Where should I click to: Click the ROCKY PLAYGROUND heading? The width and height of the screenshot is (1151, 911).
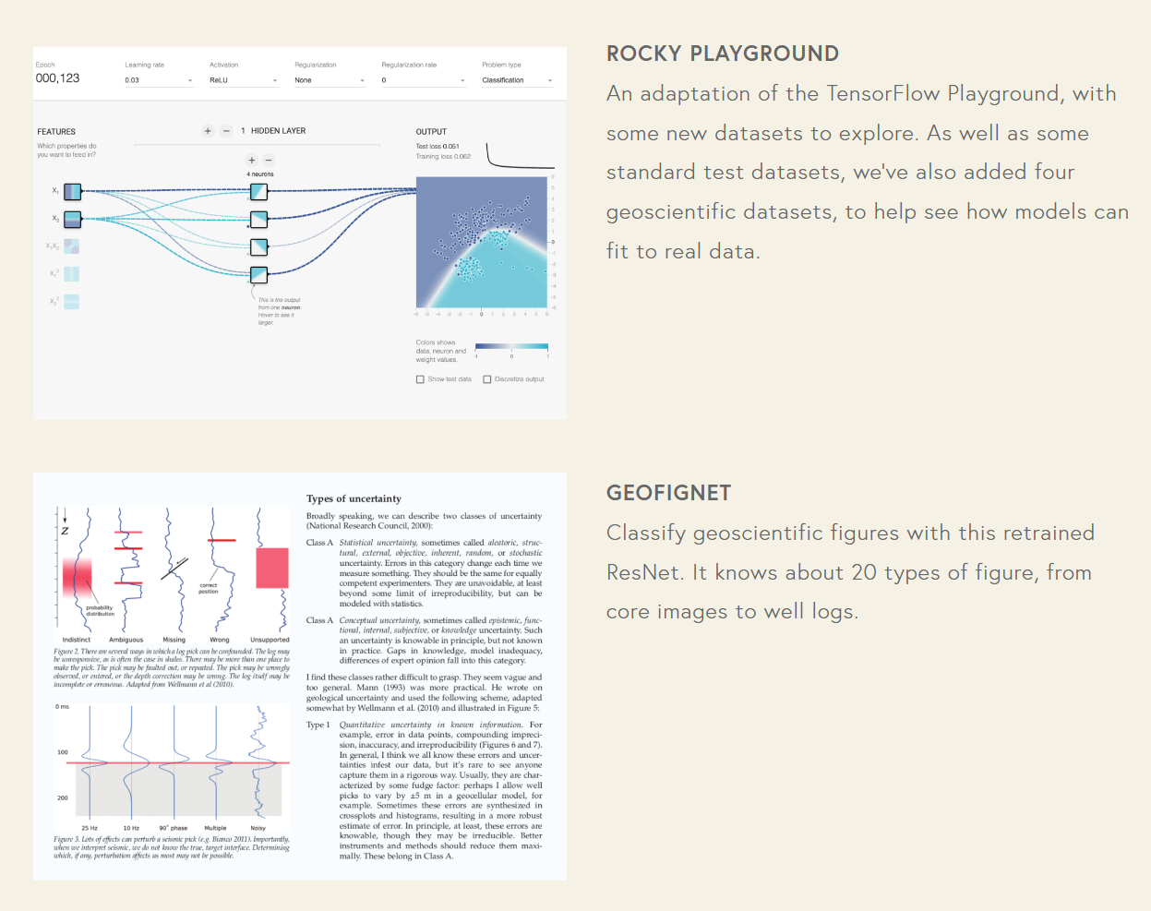[722, 54]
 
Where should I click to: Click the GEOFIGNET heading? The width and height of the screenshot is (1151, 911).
[668, 493]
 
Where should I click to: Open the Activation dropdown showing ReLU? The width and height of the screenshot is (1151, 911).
[243, 80]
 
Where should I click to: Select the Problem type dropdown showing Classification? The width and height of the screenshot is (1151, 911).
[516, 80]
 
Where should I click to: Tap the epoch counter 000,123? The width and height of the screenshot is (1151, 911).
[57, 78]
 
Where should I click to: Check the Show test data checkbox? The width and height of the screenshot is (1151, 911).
[420, 379]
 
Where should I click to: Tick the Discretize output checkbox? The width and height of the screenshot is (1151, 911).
[487, 379]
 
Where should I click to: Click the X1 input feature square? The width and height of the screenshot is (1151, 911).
[72, 192]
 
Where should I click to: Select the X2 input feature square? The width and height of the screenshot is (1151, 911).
[72, 219]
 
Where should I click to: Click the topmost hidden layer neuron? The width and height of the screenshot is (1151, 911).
[259, 192]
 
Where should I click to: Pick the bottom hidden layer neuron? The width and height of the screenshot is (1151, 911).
[259, 274]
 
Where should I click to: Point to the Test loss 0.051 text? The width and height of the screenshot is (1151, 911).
[438, 147]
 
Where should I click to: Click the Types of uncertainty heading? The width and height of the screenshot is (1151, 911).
[354, 498]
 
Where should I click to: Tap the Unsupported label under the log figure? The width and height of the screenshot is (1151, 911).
[270, 640]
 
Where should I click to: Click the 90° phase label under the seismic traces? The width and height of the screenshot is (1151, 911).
[173, 828]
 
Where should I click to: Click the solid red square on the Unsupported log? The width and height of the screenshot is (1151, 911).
[271, 568]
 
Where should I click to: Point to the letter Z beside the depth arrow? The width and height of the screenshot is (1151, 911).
[65, 531]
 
